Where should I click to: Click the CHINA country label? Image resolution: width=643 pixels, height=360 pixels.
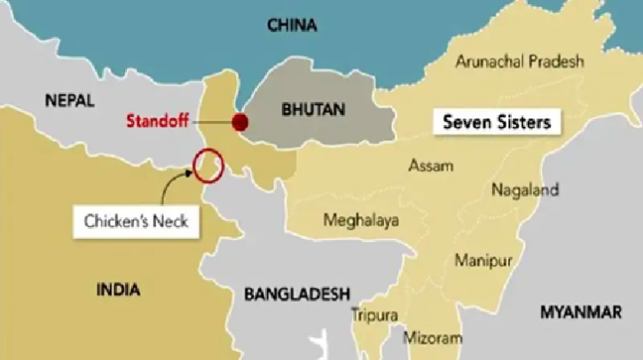293,25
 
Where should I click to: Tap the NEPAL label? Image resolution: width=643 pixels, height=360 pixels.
69,102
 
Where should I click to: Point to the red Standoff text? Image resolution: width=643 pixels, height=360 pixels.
157,121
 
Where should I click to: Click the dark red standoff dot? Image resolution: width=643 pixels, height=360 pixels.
239,122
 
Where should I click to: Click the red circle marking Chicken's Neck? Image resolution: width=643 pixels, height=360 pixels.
208,166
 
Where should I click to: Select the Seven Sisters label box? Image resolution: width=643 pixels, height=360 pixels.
498,122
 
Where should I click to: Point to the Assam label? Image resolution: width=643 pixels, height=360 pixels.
431,166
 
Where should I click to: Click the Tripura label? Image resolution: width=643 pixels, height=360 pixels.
374,315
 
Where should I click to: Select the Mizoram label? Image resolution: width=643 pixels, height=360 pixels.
433,338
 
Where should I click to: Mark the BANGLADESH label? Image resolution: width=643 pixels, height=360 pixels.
297,293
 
